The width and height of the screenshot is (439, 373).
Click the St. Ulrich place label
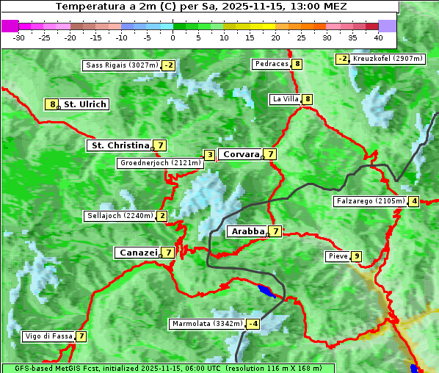coord(84,104)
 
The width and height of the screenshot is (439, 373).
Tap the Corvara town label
coord(240,154)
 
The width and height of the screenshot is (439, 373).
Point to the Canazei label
coord(137,253)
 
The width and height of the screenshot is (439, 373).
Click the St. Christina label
coord(119,145)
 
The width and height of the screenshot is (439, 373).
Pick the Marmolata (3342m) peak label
coord(206,324)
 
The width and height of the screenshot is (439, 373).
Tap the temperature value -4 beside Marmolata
coord(253,324)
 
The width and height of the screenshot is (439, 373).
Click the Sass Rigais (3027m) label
coord(122,65)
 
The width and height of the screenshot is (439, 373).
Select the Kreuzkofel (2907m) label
coord(387,59)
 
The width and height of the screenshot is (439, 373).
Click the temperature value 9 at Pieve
coord(356,256)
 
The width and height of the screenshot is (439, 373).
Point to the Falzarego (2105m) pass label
coord(370,201)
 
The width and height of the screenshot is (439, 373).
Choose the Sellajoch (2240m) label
coord(119,216)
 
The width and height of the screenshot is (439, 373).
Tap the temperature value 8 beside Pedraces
coord(297,64)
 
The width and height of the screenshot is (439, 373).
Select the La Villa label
coord(284,99)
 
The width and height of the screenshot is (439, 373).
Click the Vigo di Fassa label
coord(48,336)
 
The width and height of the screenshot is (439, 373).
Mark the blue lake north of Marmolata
coord(266,290)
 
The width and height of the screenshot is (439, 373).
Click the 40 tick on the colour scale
coord(378,37)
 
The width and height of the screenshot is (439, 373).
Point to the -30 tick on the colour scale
coord(19,37)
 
